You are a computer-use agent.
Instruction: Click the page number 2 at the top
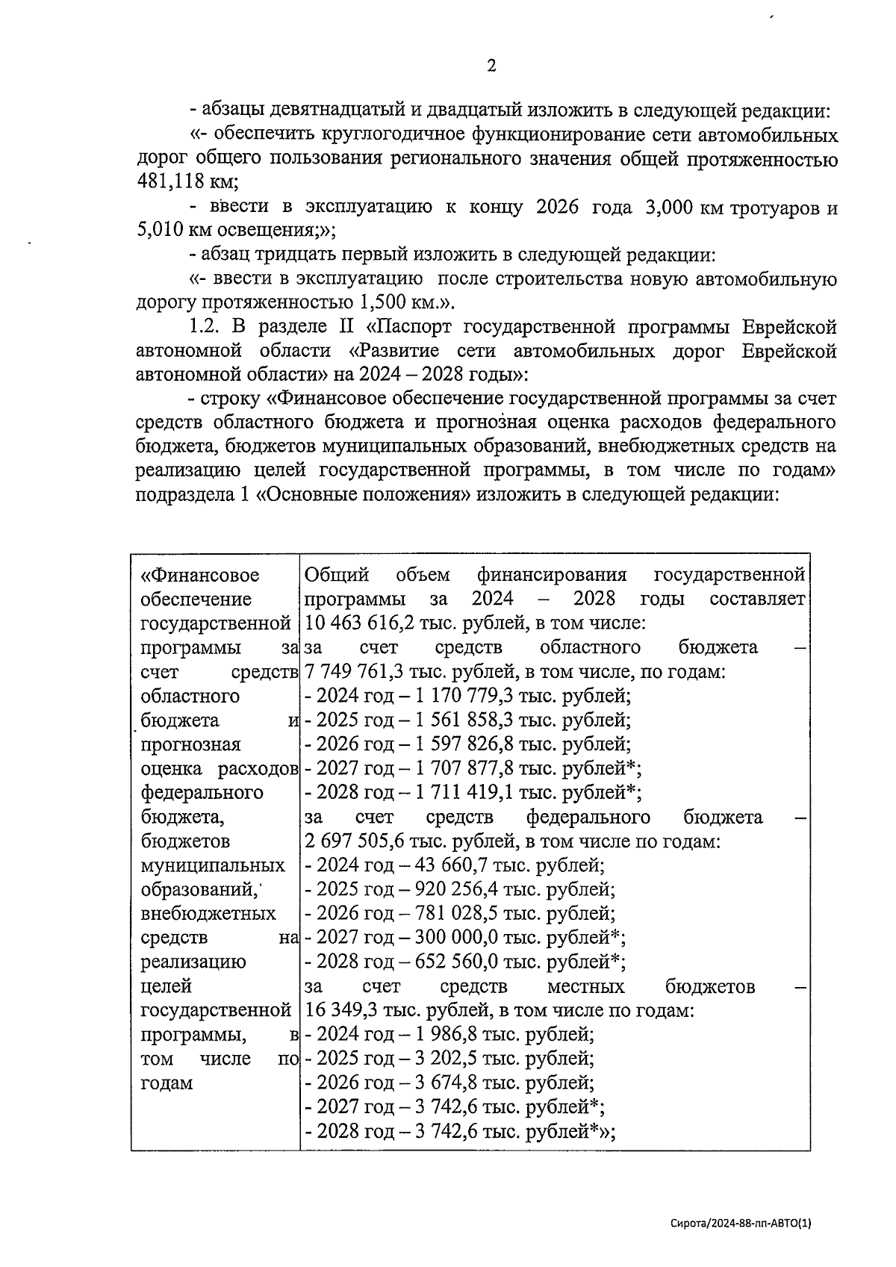(491, 66)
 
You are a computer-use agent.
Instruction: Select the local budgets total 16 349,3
(340, 1011)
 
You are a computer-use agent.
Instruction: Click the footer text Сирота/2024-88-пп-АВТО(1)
(741, 1223)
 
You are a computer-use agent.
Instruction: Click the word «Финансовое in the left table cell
(200, 575)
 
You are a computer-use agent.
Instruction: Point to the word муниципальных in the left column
(213, 865)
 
